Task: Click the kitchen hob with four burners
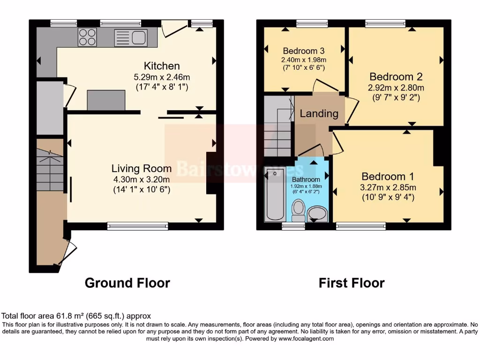click(x=87, y=37)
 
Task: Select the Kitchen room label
click(x=162, y=66)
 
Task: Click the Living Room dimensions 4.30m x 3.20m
click(x=141, y=179)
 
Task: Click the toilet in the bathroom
click(x=298, y=210)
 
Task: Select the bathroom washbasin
click(x=318, y=213)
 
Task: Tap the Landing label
click(x=319, y=113)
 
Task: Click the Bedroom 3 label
click(x=304, y=51)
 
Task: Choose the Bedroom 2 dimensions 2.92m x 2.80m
click(x=397, y=88)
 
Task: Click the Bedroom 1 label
click(x=388, y=177)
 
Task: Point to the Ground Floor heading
click(x=127, y=283)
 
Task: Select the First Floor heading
click(x=352, y=283)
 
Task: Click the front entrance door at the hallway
click(x=67, y=253)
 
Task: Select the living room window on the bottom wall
click(x=137, y=226)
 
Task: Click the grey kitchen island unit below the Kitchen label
click(x=106, y=100)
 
